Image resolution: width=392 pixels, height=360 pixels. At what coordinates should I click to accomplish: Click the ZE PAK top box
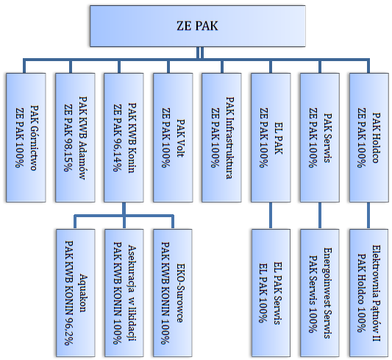[x=198, y=26]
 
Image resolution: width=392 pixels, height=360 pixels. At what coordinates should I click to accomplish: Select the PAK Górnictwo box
[x=26, y=138]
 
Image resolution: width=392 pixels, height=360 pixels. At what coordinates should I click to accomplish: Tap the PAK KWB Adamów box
[x=75, y=138]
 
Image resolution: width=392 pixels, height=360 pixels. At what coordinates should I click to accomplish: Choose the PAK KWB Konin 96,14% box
[x=124, y=138]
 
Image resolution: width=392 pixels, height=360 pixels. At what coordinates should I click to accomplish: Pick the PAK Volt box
[x=173, y=138]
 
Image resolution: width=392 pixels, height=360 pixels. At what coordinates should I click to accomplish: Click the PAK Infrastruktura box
[x=221, y=138]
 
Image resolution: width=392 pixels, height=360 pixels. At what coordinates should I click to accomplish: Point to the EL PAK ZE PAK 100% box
[x=271, y=138]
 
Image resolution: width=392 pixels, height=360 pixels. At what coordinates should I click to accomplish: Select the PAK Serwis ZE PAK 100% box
[x=320, y=138]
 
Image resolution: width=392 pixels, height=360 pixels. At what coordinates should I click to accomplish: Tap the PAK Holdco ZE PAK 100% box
[x=369, y=138]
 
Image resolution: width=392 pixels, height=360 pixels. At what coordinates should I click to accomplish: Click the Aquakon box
[x=76, y=293]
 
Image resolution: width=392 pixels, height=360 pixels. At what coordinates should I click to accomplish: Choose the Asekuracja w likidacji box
[x=124, y=293]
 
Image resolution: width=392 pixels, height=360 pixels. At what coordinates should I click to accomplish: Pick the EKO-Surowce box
[x=173, y=293]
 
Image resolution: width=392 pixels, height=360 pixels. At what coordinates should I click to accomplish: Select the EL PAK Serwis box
[x=271, y=293]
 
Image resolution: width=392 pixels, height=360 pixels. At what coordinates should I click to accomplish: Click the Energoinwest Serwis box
[x=320, y=293]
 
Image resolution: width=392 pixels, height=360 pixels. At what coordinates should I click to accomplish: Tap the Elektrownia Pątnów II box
[x=369, y=293]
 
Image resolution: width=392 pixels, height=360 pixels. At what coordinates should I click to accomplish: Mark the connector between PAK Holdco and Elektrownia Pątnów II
[x=368, y=216]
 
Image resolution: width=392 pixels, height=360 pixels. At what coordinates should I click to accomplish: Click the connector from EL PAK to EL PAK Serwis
[x=271, y=216]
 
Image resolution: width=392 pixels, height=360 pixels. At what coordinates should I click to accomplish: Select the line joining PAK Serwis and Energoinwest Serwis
[x=320, y=216]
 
